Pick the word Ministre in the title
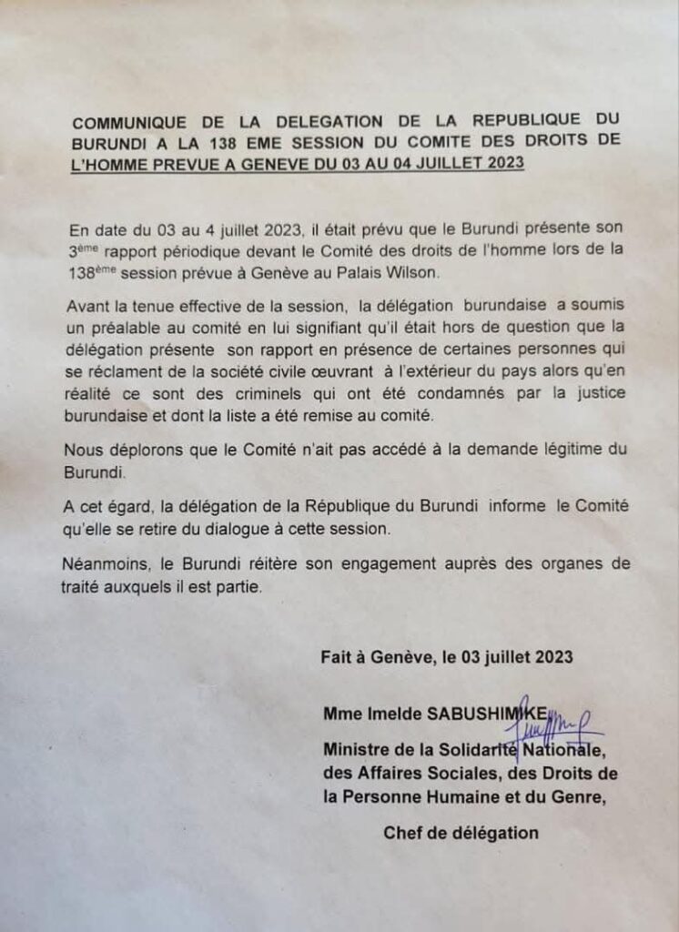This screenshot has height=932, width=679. pos(356,750)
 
